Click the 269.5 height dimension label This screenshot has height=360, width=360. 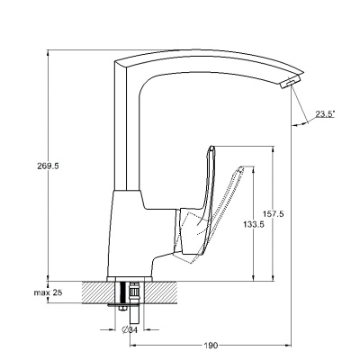pos(48,166)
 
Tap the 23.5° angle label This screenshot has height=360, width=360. pos(325,113)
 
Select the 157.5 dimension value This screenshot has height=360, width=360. pos(274,214)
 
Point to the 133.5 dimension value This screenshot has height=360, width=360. pos(254,224)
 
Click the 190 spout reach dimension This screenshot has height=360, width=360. pos(211,346)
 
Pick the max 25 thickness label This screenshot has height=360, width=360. pos(48,292)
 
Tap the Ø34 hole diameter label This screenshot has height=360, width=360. pos(130,330)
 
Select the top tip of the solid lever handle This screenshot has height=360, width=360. pos(211,147)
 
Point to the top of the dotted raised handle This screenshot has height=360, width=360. pos(241,167)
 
